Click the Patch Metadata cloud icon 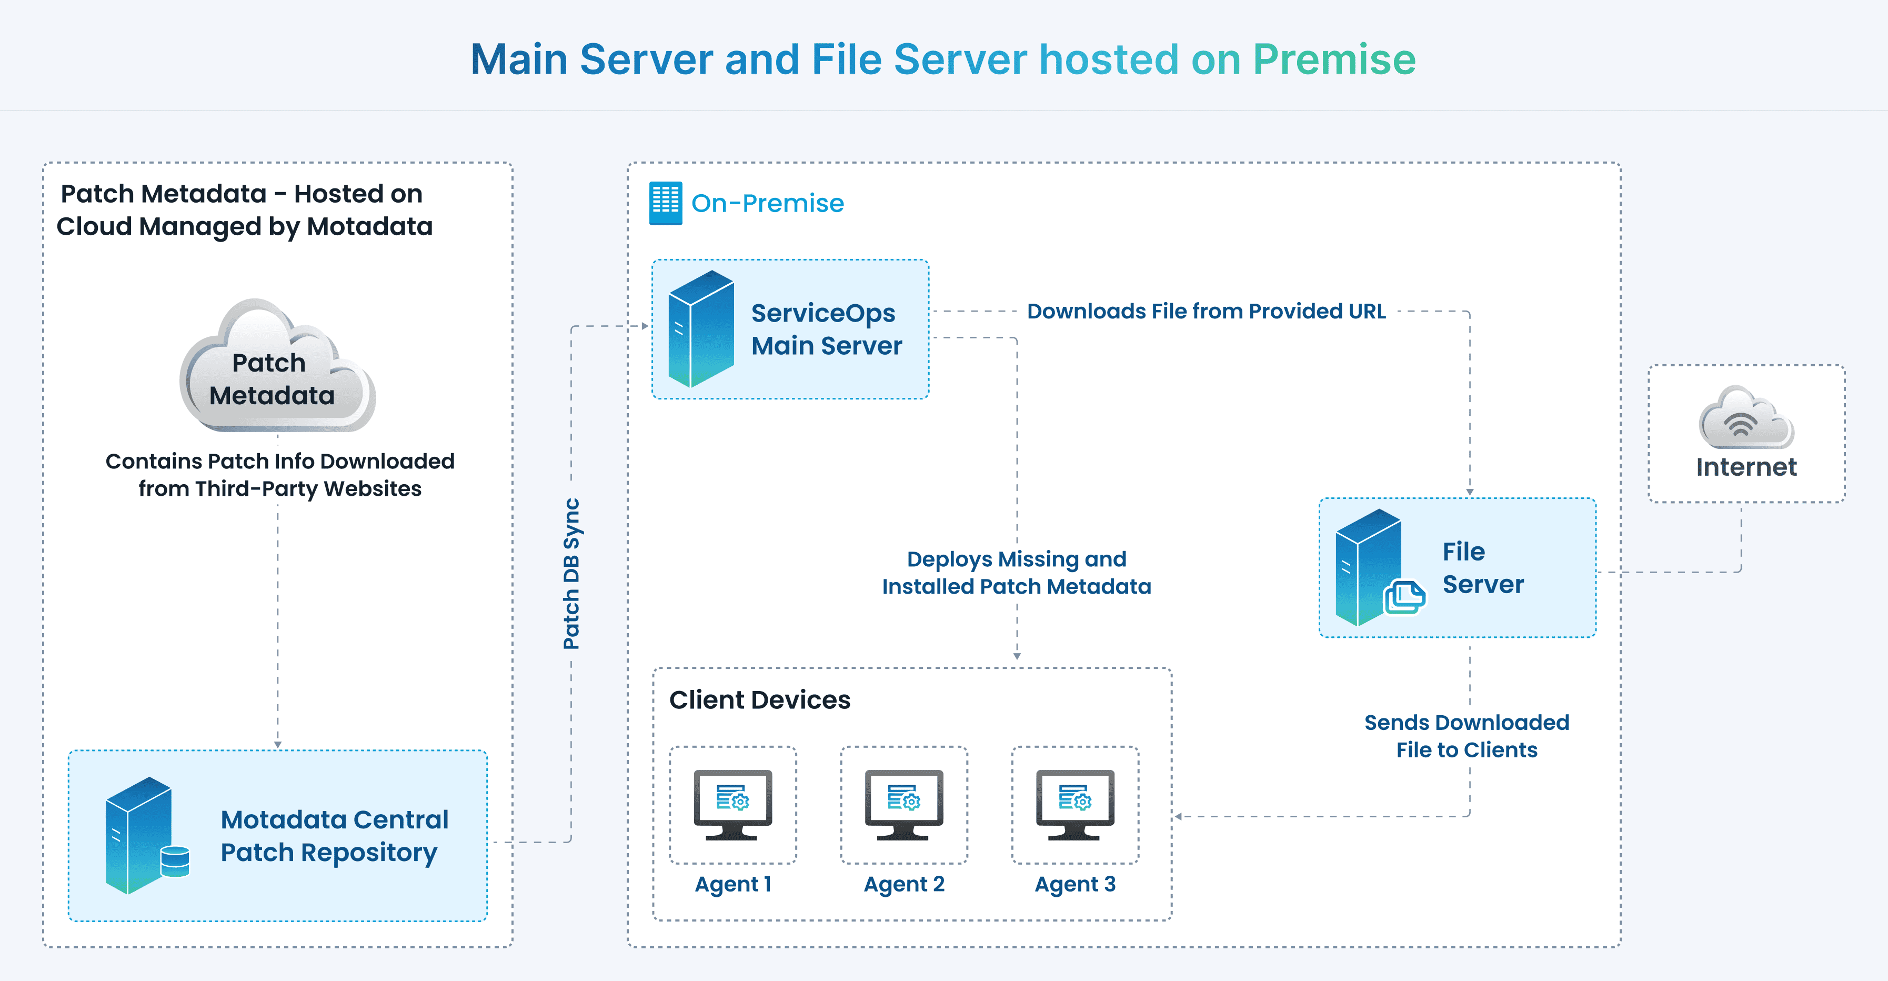(277, 367)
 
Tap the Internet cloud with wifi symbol (1746, 419)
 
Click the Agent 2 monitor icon (903, 804)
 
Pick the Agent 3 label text (1074, 884)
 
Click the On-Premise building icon (666, 203)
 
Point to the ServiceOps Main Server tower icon (701, 328)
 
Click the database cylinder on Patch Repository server (175, 861)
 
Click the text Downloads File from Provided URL (1206, 311)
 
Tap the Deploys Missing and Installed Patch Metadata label (1017, 573)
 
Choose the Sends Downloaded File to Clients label (1466, 736)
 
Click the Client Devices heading (759, 699)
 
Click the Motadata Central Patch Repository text (334, 836)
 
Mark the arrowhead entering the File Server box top (1470, 493)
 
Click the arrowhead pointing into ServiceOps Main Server (645, 326)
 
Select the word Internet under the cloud (1746, 467)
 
